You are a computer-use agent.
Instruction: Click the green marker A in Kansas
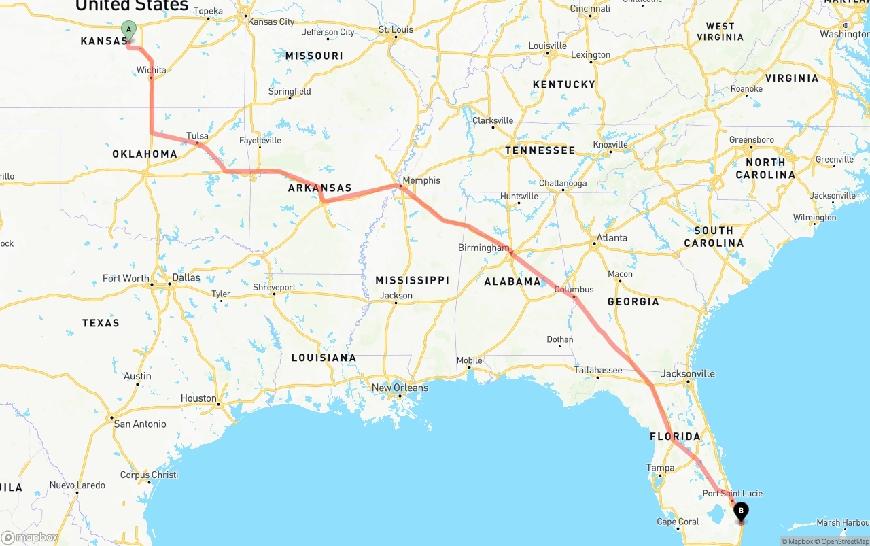point(128,30)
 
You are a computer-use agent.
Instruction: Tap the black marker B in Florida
point(741,511)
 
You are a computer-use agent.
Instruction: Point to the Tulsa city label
point(198,136)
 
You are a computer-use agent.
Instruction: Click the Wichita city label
point(151,70)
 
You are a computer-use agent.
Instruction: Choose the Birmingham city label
point(483,248)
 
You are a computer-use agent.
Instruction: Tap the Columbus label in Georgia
point(574,289)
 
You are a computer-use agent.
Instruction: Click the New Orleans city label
point(400,388)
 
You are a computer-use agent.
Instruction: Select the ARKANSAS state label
point(319,188)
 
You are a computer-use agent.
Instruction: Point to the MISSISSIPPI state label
point(413,280)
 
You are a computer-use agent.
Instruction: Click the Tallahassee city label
point(598,370)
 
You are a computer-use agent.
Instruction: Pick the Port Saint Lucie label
point(732,493)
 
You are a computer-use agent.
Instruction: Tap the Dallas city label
point(186,277)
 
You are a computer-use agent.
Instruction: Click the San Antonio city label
point(140,424)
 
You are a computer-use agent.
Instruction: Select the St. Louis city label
point(396,29)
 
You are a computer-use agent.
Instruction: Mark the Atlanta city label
point(612,238)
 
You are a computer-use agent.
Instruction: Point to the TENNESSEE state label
point(540,150)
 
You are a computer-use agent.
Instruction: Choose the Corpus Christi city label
point(149,475)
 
